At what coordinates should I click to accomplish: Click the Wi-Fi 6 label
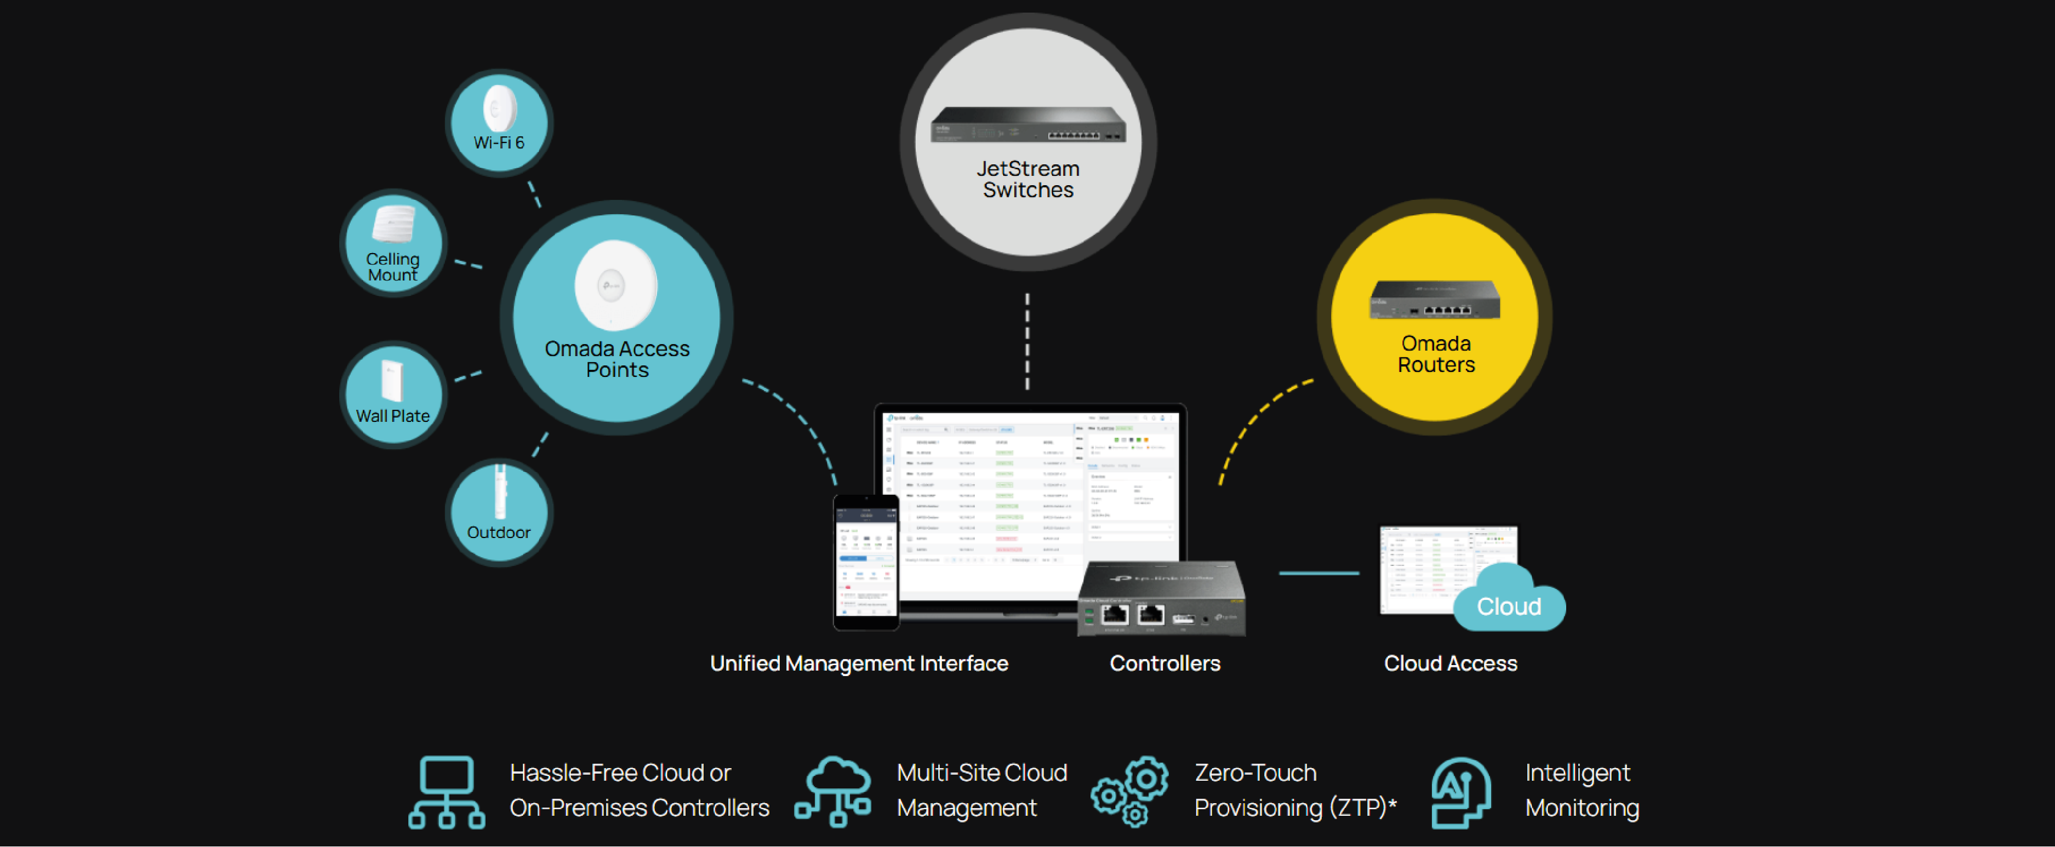coord(499,143)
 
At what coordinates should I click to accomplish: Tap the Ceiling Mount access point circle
coord(393,243)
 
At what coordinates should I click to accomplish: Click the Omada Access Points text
coord(616,359)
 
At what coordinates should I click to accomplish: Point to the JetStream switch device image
coord(1027,125)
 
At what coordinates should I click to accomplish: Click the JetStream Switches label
coord(1027,180)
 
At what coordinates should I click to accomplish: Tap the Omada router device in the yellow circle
coord(1434,299)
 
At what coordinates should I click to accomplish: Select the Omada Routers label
coord(1436,354)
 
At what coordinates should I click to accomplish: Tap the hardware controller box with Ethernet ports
coord(1161,600)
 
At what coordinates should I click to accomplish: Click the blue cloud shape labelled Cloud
coord(1509,604)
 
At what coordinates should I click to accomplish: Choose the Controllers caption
coord(1164,663)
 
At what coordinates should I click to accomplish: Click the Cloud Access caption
coord(1451,663)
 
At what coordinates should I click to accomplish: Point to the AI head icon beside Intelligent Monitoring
coord(1460,792)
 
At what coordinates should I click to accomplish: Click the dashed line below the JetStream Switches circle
coord(1027,341)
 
